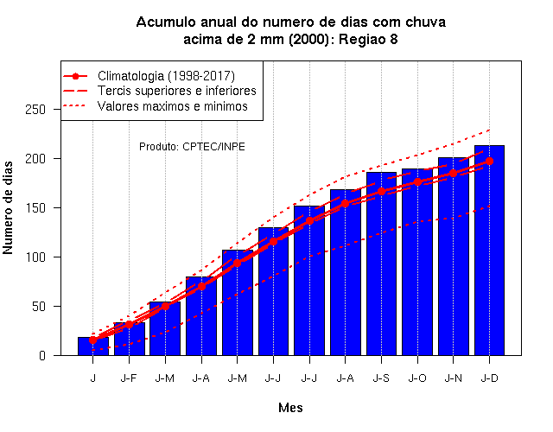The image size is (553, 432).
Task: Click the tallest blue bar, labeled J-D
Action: click(x=489, y=250)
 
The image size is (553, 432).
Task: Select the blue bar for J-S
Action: click(x=381, y=264)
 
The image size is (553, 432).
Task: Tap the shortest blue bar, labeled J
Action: click(x=93, y=346)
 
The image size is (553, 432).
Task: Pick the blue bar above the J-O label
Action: click(x=417, y=262)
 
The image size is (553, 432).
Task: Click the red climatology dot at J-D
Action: click(x=489, y=162)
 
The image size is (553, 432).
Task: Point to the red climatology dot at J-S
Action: click(x=381, y=192)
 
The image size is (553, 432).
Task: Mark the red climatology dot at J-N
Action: click(x=453, y=174)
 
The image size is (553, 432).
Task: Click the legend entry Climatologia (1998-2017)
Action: click(x=166, y=76)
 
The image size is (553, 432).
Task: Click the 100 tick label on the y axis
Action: click(x=35, y=257)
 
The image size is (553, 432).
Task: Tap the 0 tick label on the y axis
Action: click(x=42, y=355)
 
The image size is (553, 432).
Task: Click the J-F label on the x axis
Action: click(x=129, y=378)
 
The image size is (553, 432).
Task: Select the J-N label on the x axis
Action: click(x=453, y=378)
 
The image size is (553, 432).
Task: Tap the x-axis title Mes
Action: click(x=290, y=408)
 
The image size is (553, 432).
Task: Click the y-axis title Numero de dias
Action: click(x=8, y=207)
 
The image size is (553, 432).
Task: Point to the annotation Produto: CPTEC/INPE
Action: click(x=192, y=146)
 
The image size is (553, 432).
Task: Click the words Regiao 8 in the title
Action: click(x=368, y=39)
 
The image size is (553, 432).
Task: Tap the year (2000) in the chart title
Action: click(x=309, y=39)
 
